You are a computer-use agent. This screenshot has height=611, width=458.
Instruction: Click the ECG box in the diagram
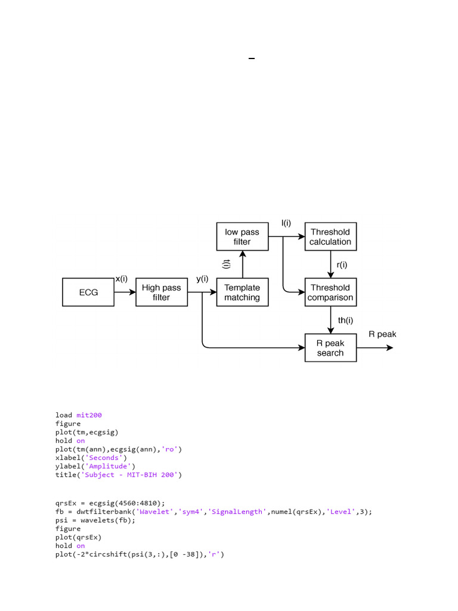point(88,292)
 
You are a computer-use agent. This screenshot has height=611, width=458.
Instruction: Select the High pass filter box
point(161,292)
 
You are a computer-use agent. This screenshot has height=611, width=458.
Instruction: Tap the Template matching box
point(242,292)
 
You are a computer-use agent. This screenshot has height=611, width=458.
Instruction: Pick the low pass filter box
point(242,237)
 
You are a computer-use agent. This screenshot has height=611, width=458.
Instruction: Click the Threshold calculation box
point(330,237)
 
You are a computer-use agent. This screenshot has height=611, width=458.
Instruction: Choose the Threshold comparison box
point(330,292)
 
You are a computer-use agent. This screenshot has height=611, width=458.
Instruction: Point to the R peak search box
point(330,348)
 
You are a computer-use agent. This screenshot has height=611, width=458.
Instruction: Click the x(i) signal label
point(122,279)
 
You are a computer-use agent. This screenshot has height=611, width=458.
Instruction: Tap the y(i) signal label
point(202,279)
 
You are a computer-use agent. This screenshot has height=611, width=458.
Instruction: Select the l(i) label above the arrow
point(286,223)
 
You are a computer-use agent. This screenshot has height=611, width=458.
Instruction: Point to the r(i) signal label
point(343,264)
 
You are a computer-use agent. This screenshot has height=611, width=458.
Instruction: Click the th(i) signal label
point(345,320)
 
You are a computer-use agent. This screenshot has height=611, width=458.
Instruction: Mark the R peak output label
point(382,334)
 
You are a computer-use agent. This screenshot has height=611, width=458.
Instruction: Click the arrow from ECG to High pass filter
point(125,292)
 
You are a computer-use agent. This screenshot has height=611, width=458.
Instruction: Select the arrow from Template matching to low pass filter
point(242,264)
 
